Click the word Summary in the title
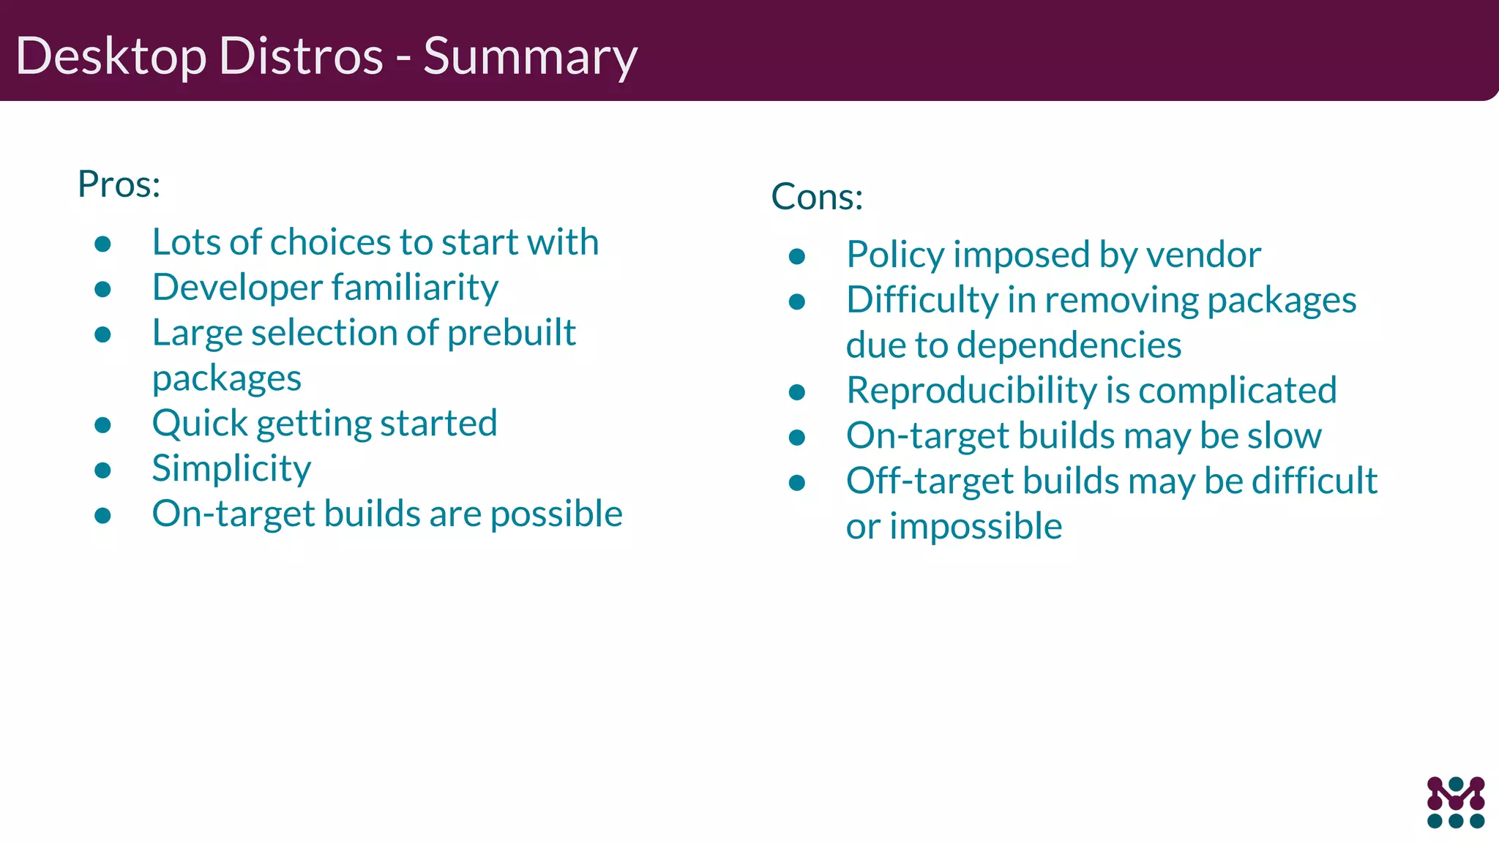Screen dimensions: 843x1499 [530, 57]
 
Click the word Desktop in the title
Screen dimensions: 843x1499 [111, 57]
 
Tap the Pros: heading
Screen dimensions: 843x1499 [119, 184]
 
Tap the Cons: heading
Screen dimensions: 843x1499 [817, 196]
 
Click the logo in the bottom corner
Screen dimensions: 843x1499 [1455, 802]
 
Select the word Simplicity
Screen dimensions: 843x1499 [231, 468]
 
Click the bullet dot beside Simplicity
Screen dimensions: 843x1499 [102, 470]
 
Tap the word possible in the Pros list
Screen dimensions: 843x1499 [556, 514]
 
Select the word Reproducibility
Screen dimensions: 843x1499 [971, 390]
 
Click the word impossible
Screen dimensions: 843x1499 [976, 526]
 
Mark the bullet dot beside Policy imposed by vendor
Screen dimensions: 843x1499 [797, 256]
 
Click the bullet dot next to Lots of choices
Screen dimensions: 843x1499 [102, 244]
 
